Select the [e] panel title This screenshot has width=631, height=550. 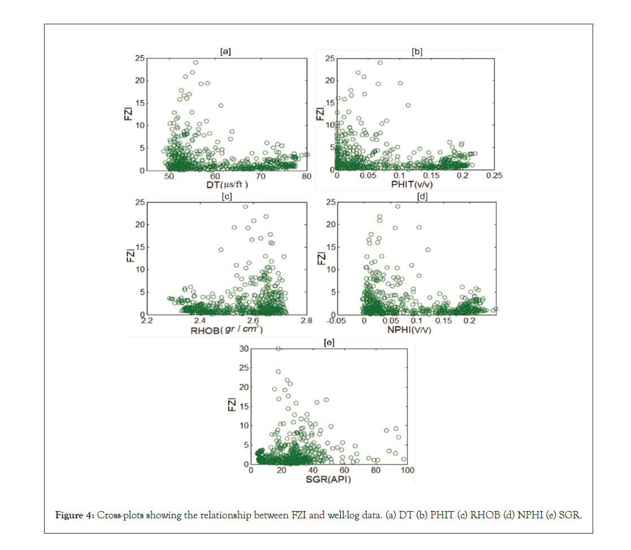[329, 342]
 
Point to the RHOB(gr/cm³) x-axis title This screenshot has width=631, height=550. [226, 330]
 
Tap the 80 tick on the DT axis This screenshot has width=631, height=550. [306, 176]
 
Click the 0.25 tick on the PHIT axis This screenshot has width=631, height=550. [494, 176]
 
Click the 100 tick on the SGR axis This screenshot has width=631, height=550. [407, 470]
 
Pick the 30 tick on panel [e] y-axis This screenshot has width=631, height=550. [244, 348]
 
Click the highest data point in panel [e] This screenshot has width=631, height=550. [278, 349]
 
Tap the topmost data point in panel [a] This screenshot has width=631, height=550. [196, 62]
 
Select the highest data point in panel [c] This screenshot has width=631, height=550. [245, 206]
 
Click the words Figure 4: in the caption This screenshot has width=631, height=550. [75, 516]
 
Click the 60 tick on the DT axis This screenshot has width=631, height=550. [215, 176]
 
